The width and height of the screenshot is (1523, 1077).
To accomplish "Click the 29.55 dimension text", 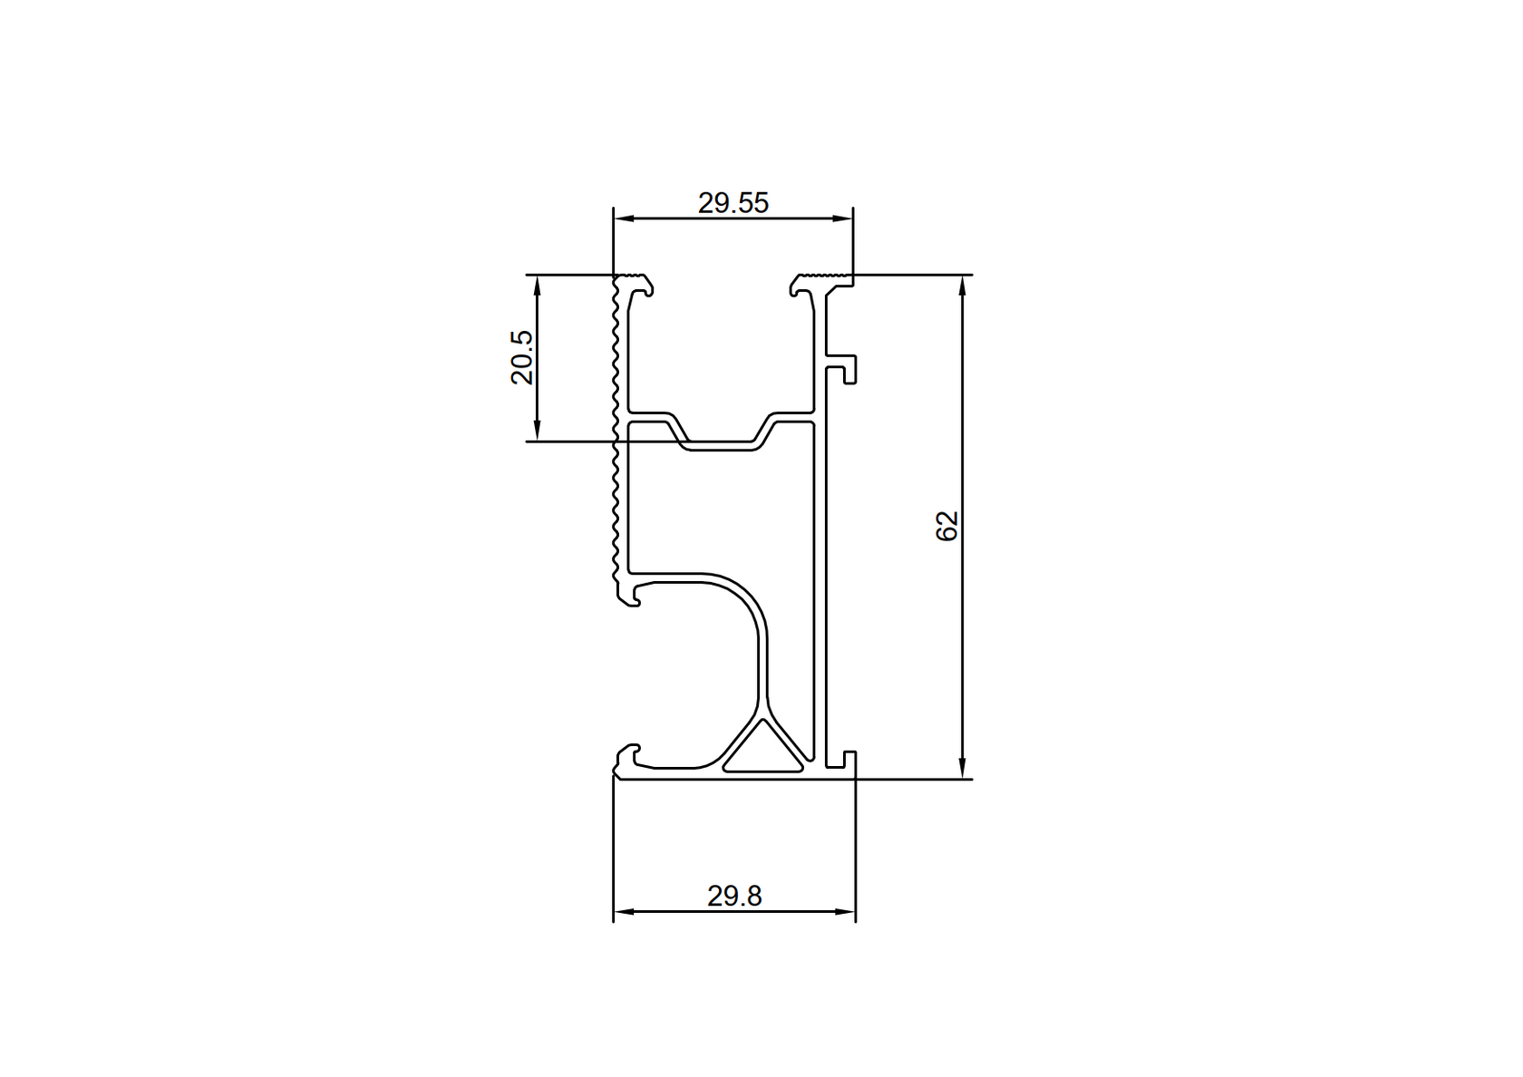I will pyautogui.click(x=732, y=203).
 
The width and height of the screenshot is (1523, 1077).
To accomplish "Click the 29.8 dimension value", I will pyautogui.click(x=734, y=897).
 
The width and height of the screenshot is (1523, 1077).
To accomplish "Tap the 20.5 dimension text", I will pyautogui.click(x=522, y=357).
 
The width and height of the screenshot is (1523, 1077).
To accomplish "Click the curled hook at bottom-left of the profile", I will pyautogui.click(x=628, y=757).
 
